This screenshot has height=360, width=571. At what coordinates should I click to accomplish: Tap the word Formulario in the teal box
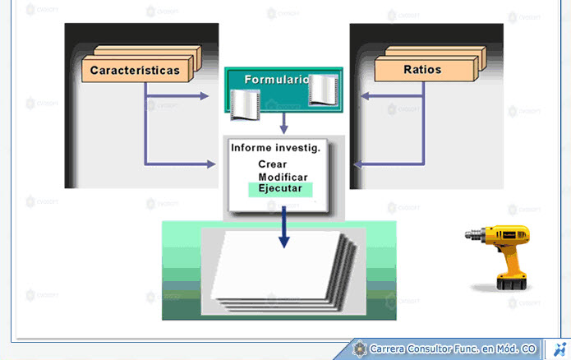tap(277, 79)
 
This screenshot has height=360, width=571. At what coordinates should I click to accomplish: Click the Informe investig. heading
tap(276, 148)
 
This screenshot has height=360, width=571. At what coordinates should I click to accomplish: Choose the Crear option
tap(273, 164)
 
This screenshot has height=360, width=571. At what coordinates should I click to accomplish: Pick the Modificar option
tap(283, 177)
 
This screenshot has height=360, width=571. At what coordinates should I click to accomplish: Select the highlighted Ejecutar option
tap(280, 189)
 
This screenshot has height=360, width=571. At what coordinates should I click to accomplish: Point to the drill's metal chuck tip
tap(467, 235)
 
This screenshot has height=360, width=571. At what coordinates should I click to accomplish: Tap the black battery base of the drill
tap(511, 284)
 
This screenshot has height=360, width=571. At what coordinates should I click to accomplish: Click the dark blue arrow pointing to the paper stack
tap(283, 227)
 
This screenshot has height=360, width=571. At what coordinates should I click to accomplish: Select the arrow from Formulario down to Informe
tap(283, 123)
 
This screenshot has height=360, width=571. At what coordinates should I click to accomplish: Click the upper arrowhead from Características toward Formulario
tap(205, 96)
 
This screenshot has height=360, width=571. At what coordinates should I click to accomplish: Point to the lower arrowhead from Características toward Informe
tap(211, 164)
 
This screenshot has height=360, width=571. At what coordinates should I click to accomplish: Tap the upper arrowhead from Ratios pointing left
tap(365, 96)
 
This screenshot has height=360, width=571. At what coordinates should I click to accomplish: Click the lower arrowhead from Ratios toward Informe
tap(358, 164)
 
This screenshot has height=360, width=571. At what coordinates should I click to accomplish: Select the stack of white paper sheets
tap(284, 271)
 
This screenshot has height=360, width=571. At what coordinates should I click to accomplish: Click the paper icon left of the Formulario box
tap(245, 105)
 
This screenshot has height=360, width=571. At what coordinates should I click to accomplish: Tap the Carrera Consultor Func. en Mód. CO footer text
tap(453, 349)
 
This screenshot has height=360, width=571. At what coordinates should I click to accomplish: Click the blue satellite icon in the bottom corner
tap(559, 349)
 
